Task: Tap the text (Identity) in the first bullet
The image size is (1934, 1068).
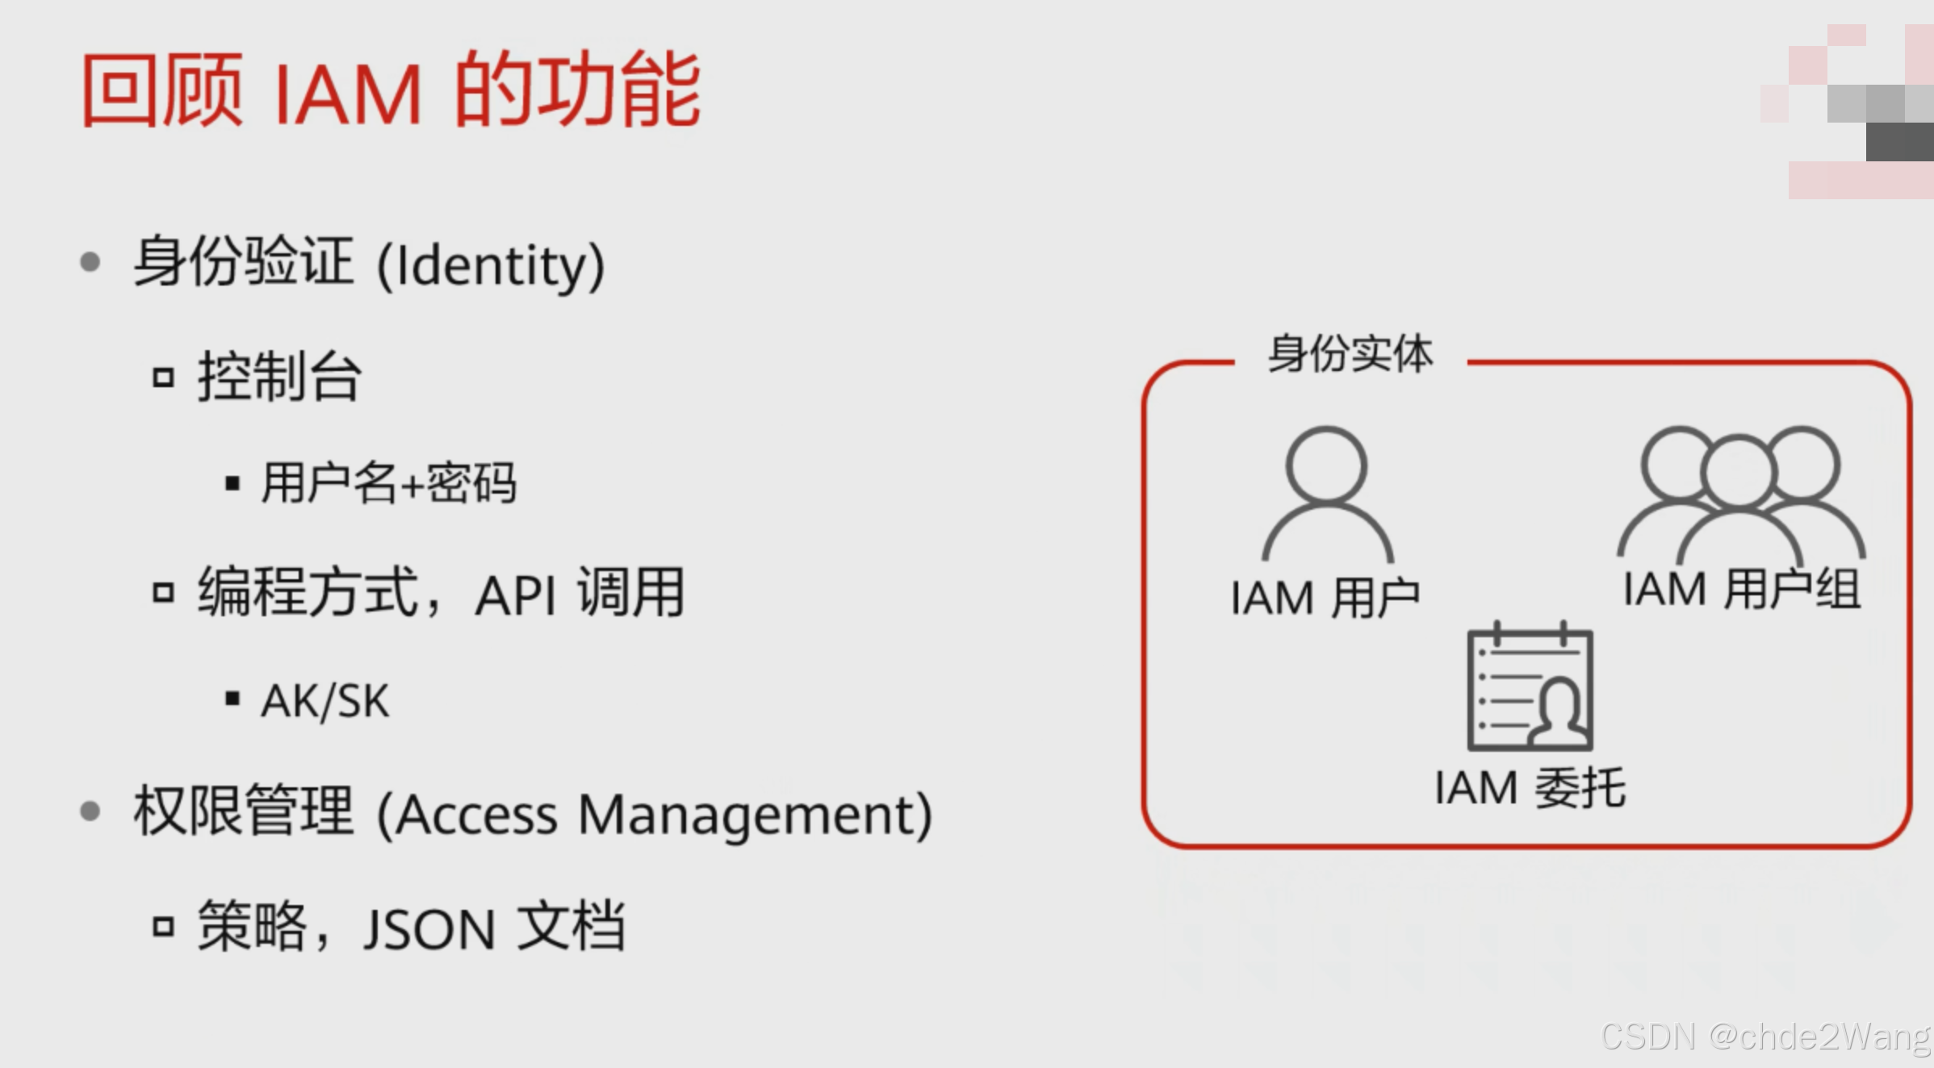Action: coord(491,265)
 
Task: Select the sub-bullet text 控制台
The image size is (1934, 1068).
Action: coord(279,377)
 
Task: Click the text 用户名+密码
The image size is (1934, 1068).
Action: coord(388,484)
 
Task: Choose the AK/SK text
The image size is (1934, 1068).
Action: coord(324,700)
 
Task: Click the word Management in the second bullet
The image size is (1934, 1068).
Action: coord(755,815)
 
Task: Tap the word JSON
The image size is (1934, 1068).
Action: coord(429,929)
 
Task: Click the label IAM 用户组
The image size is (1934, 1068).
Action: coord(1741,590)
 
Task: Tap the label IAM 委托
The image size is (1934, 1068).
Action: coord(1530,788)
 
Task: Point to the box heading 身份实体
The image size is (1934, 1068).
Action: coord(1350,353)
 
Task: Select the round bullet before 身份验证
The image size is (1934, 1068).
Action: coord(90,262)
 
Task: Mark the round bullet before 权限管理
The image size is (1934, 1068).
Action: coord(90,811)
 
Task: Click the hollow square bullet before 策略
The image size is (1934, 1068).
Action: coord(164,927)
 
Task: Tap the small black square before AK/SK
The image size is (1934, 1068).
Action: coord(232,699)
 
